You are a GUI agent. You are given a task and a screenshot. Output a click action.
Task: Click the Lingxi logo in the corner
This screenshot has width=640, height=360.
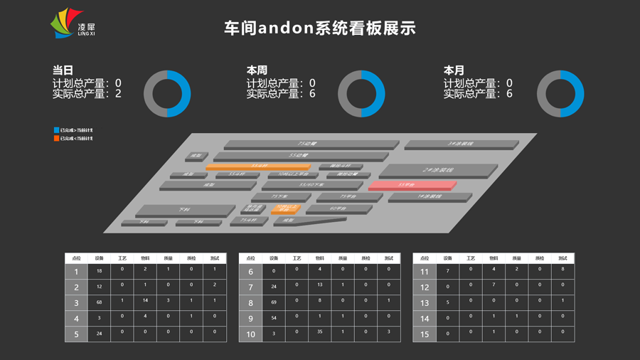coord(71,24)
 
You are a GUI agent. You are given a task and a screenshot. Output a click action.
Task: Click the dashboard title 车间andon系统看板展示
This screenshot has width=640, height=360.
coord(319,28)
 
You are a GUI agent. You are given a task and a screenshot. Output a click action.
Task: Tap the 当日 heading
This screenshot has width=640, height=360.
coord(63,70)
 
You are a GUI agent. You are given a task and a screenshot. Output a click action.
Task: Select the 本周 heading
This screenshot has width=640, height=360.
coord(257,70)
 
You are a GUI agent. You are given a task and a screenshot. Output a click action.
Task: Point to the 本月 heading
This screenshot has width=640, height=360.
coord(454,70)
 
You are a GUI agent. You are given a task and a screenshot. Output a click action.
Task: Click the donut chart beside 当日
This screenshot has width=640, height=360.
coord(167,93)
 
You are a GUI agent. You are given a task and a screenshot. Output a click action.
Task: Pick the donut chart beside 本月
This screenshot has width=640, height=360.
coord(560,93)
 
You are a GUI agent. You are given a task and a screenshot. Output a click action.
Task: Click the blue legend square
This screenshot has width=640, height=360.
coord(56,130)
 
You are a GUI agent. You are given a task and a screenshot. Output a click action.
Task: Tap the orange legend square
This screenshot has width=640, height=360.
coord(56,139)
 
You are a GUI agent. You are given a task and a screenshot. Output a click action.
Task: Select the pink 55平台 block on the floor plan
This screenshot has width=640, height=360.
coord(411,186)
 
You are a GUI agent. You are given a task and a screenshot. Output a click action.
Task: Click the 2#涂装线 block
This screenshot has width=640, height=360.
coord(437,171)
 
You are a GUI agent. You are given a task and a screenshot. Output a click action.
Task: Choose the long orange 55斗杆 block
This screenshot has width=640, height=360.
coord(258,166)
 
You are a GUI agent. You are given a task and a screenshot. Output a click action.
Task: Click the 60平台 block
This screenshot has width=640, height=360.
coord(338,209)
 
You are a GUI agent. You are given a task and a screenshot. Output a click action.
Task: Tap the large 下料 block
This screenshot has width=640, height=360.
coord(184,211)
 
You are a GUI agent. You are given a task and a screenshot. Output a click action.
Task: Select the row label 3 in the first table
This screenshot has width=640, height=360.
coord(76,303)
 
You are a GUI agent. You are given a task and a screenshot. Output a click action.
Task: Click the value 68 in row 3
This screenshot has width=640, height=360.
coord(99,303)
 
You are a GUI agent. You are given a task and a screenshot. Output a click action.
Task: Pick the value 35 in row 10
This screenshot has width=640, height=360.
coord(320,332)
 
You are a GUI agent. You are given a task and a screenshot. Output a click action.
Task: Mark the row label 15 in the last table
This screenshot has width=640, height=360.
coord(425,334)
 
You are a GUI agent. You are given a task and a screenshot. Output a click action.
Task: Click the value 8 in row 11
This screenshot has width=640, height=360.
coord(562,269)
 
